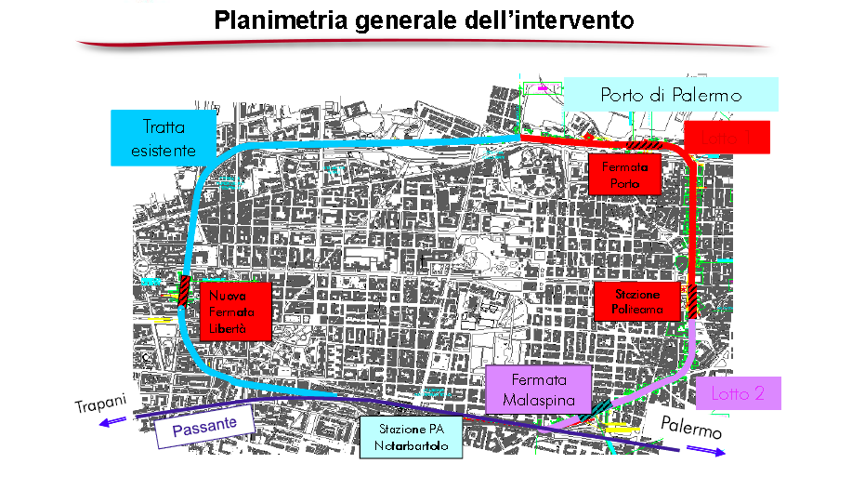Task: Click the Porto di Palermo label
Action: (670, 95)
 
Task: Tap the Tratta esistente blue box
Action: (164, 138)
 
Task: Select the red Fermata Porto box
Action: (623, 173)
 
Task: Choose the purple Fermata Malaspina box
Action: (539, 390)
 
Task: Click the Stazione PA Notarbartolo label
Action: (411, 438)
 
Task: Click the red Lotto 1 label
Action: (728, 138)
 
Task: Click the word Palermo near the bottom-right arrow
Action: (691, 429)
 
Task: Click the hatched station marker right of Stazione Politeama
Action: (693, 300)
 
